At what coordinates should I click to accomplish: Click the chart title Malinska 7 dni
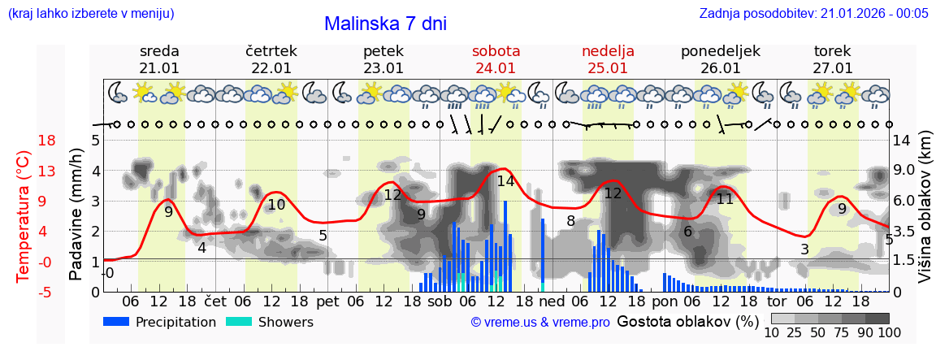click(x=385, y=24)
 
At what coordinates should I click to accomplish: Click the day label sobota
click(x=496, y=51)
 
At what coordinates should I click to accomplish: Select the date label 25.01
click(x=608, y=68)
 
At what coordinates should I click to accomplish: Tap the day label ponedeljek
click(x=720, y=51)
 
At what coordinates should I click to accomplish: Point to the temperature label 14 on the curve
click(x=505, y=181)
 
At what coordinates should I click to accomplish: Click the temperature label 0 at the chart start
click(x=110, y=273)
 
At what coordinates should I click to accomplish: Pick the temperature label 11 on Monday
click(x=725, y=198)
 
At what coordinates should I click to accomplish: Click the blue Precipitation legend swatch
click(x=116, y=322)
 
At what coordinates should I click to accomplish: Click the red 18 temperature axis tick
click(x=24, y=141)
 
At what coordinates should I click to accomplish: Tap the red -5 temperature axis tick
click(x=24, y=292)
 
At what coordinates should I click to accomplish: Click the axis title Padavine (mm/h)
click(x=76, y=215)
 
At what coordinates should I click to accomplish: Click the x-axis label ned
click(x=552, y=301)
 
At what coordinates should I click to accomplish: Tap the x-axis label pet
click(x=327, y=301)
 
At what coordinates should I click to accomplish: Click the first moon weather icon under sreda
click(x=119, y=93)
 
